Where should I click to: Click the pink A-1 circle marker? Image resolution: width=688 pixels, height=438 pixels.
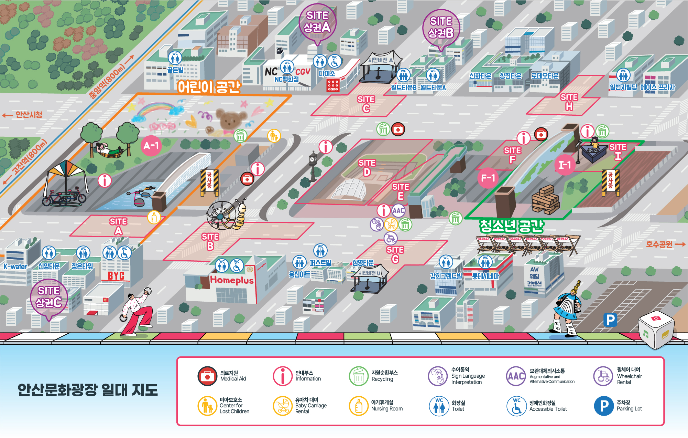(x=151, y=146)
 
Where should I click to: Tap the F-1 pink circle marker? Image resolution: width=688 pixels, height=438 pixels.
(x=488, y=178)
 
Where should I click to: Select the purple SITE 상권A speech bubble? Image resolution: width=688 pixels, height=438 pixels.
(x=317, y=22)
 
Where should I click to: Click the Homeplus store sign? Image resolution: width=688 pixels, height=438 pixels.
(x=232, y=280)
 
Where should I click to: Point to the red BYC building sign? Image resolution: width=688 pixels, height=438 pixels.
(x=116, y=276)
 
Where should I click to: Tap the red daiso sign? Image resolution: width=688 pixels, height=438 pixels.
(x=333, y=85)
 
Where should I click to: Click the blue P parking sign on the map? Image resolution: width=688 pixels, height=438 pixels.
(x=610, y=320)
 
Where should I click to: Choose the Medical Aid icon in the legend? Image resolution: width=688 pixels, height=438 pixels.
(x=207, y=376)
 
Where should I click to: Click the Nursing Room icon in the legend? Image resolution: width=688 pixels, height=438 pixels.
(x=359, y=406)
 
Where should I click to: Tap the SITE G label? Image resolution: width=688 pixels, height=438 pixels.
(x=395, y=254)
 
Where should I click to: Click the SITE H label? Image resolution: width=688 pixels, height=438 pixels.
(x=569, y=102)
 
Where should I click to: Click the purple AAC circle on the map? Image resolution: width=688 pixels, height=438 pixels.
(x=398, y=210)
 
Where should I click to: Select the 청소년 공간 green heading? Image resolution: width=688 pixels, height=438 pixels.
(x=511, y=226)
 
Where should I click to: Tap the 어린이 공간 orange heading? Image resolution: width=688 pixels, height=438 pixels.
(x=209, y=87)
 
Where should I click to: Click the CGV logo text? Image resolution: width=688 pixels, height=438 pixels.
(x=303, y=72)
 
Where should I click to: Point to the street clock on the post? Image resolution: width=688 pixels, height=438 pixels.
(x=313, y=159)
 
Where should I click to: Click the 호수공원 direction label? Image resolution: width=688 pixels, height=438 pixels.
(x=659, y=244)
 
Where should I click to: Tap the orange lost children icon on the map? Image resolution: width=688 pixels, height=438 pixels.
(x=274, y=136)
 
